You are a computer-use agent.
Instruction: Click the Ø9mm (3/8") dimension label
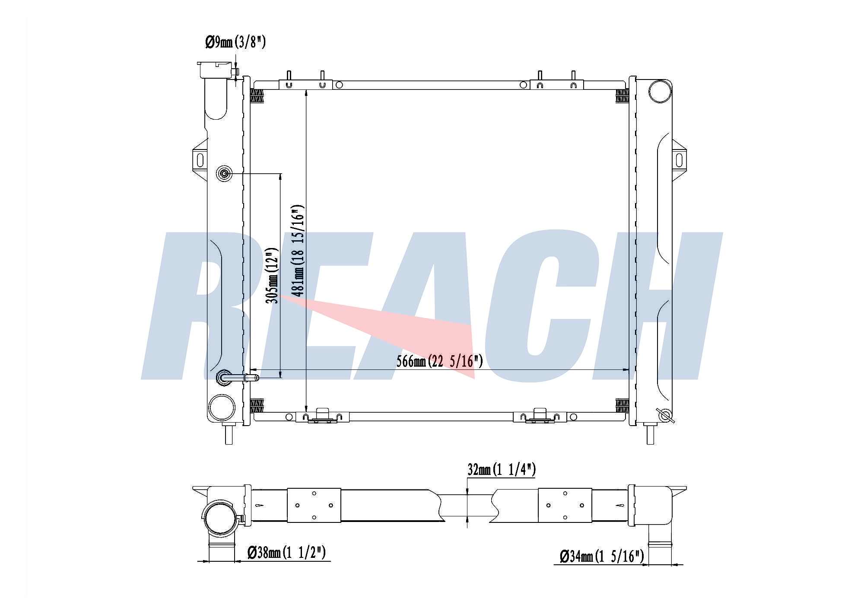(235, 42)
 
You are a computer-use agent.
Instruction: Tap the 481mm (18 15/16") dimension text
(298, 250)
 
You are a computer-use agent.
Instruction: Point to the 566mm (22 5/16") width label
(439, 361)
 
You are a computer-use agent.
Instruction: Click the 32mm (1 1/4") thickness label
(502, 469)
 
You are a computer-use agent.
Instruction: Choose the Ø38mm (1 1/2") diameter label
(286, 552)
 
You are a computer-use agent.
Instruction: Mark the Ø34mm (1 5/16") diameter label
(602, 556)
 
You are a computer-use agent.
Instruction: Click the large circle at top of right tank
(660, 92)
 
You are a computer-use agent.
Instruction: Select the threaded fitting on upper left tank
(224, 174)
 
